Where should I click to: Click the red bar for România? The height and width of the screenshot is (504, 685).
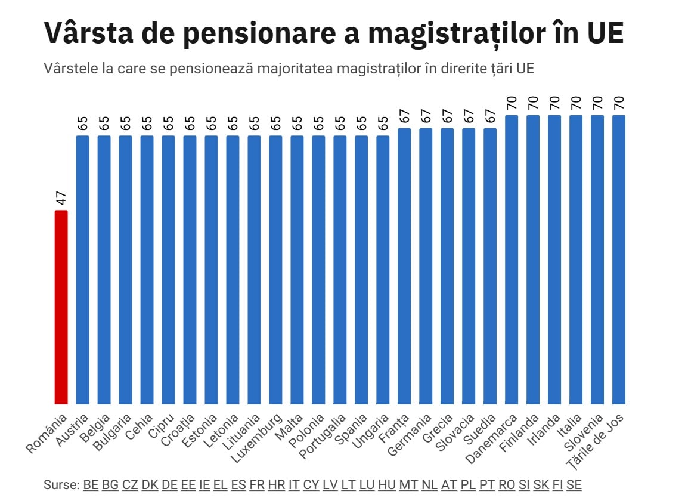tap(61, 307)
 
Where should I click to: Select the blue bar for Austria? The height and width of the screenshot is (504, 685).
tap(82, 270)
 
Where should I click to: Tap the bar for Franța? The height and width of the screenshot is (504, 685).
tap(404, 266)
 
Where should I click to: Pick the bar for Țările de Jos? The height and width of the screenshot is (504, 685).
tap(619, 259)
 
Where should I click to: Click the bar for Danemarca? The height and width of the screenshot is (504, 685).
tap(512, 259)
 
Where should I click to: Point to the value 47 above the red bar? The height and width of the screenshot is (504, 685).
tap(61, 199)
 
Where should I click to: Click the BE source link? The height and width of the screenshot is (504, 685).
tap(91, 485)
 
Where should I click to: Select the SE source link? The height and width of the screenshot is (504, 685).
tap(574, 485)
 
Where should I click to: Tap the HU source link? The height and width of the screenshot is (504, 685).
tap(387, 485)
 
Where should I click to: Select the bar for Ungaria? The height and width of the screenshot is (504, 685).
tap(383, 270)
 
